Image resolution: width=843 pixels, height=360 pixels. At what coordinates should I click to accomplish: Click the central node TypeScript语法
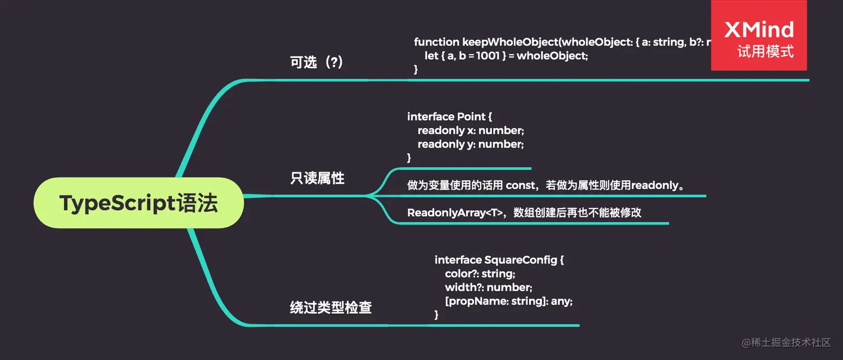pos(138,203)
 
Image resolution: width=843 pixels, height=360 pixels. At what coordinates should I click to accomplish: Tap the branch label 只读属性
pos(317,179)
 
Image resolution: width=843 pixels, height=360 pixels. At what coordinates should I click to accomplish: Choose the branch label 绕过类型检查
pos(331,307)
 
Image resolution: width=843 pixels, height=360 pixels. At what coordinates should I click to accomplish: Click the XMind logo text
pos(759,30)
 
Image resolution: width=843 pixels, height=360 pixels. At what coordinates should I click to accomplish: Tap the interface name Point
pos(471,116)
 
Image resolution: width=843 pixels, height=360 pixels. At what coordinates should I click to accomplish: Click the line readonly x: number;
pos(471,130)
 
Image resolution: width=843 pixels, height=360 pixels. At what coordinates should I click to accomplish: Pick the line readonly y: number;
pos(471,144)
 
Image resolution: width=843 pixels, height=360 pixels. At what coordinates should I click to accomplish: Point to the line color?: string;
pos(480,274)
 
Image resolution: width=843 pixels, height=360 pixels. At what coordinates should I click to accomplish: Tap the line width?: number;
pos(488,288)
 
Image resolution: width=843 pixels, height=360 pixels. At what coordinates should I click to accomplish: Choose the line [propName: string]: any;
pos(508,301)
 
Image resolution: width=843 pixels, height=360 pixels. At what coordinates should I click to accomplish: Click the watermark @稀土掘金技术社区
pos(786,342)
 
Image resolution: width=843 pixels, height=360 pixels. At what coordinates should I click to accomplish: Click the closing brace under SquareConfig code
pos(437,315)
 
